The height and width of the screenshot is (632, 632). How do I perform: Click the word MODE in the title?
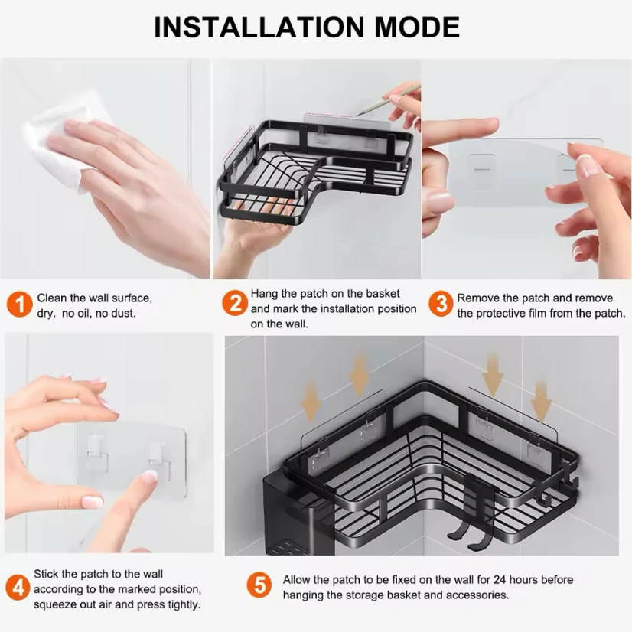pyautogui.click(x=418, y=28)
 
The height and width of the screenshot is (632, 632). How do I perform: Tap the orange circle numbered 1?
pyautogui.click(x=19, y=305)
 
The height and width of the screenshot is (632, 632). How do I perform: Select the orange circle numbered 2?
pyautogui.click(x=235, y=303)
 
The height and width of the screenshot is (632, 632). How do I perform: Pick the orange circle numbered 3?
pyautogui.click(x=441, y=304)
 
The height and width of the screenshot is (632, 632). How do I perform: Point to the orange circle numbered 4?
pyautogui.click(x=18, y=588)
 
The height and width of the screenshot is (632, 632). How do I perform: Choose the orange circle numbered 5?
pyautogui.click(x=259, y=585)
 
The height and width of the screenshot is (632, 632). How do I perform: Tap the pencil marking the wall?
pyautogui.click(x=388, y=101)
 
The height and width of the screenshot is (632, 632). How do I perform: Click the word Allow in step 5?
pyautogui.click(x=296, y=580)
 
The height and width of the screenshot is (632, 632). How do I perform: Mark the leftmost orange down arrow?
pyautogui.click(x=311, y=403)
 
